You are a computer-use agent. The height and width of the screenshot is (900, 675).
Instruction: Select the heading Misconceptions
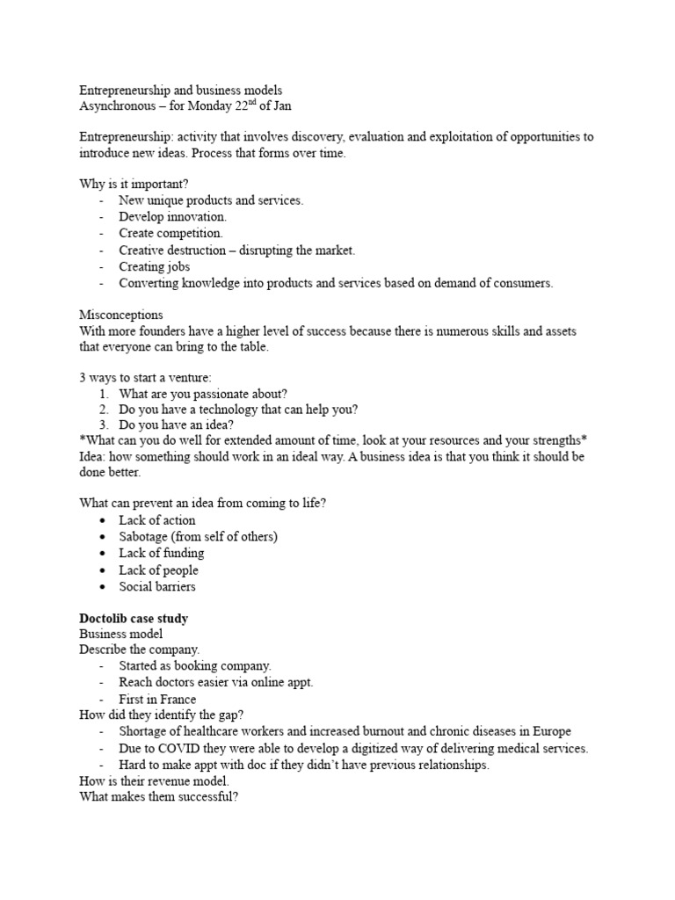(121, 314)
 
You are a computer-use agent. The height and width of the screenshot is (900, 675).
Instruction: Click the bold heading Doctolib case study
(134, 619)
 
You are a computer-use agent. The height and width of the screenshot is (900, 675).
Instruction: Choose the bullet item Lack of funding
(162, 553)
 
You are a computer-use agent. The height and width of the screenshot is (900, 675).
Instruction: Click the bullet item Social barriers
(157, 586)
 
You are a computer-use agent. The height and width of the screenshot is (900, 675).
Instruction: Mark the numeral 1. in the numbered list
(103, 394)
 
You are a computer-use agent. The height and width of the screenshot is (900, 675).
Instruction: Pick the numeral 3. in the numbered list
(103, 426)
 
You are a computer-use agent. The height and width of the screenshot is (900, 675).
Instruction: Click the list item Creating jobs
(155, 266)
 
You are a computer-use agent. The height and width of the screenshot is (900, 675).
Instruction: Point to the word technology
(231, 410)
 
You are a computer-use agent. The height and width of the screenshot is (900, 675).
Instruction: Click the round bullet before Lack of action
(103, 520)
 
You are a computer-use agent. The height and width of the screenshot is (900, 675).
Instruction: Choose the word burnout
(396, 731)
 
